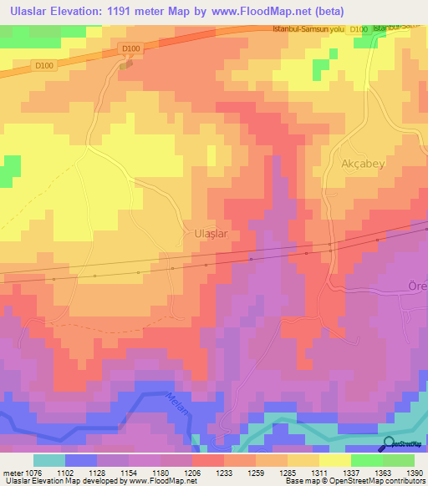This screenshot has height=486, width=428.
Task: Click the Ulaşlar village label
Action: (211, 235)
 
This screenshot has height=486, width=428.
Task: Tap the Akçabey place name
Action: (362, 164)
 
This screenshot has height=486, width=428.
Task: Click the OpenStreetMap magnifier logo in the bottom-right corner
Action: (388, 444)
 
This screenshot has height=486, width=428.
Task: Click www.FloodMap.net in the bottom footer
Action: (160, 482)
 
